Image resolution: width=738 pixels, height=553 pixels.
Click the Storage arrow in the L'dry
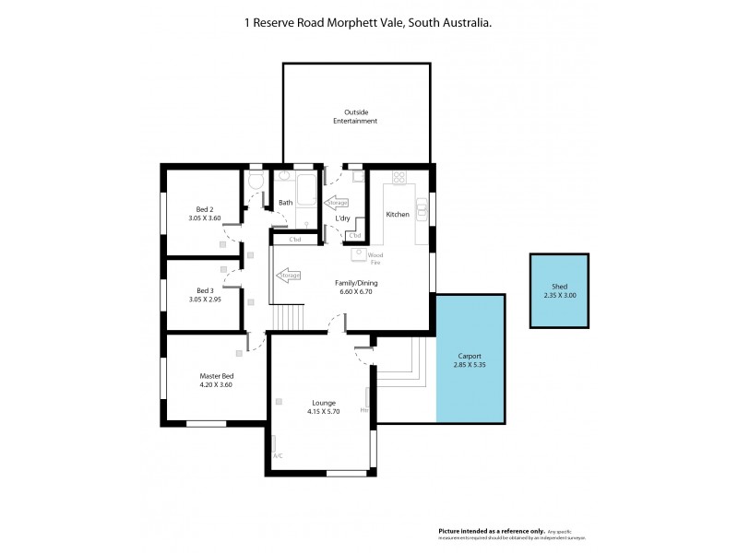[336, 202]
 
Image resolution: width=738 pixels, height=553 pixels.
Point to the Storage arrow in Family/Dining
[288, 275]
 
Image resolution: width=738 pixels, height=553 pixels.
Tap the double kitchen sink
[422, 208]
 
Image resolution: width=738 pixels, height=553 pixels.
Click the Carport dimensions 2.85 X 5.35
[470, 366]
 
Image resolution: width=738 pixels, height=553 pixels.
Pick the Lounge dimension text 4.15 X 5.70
[323, 412]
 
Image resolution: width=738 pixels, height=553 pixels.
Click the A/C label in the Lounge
[278, 455]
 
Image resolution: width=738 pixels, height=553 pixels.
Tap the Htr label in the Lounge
[364, 409]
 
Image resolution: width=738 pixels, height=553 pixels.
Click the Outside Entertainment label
[355, 116]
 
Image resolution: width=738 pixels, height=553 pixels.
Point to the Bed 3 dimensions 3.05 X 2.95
[206, 300]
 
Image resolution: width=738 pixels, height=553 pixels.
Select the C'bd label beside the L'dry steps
[355, 237]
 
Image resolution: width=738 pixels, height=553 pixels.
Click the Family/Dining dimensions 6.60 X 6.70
[355, 292]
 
